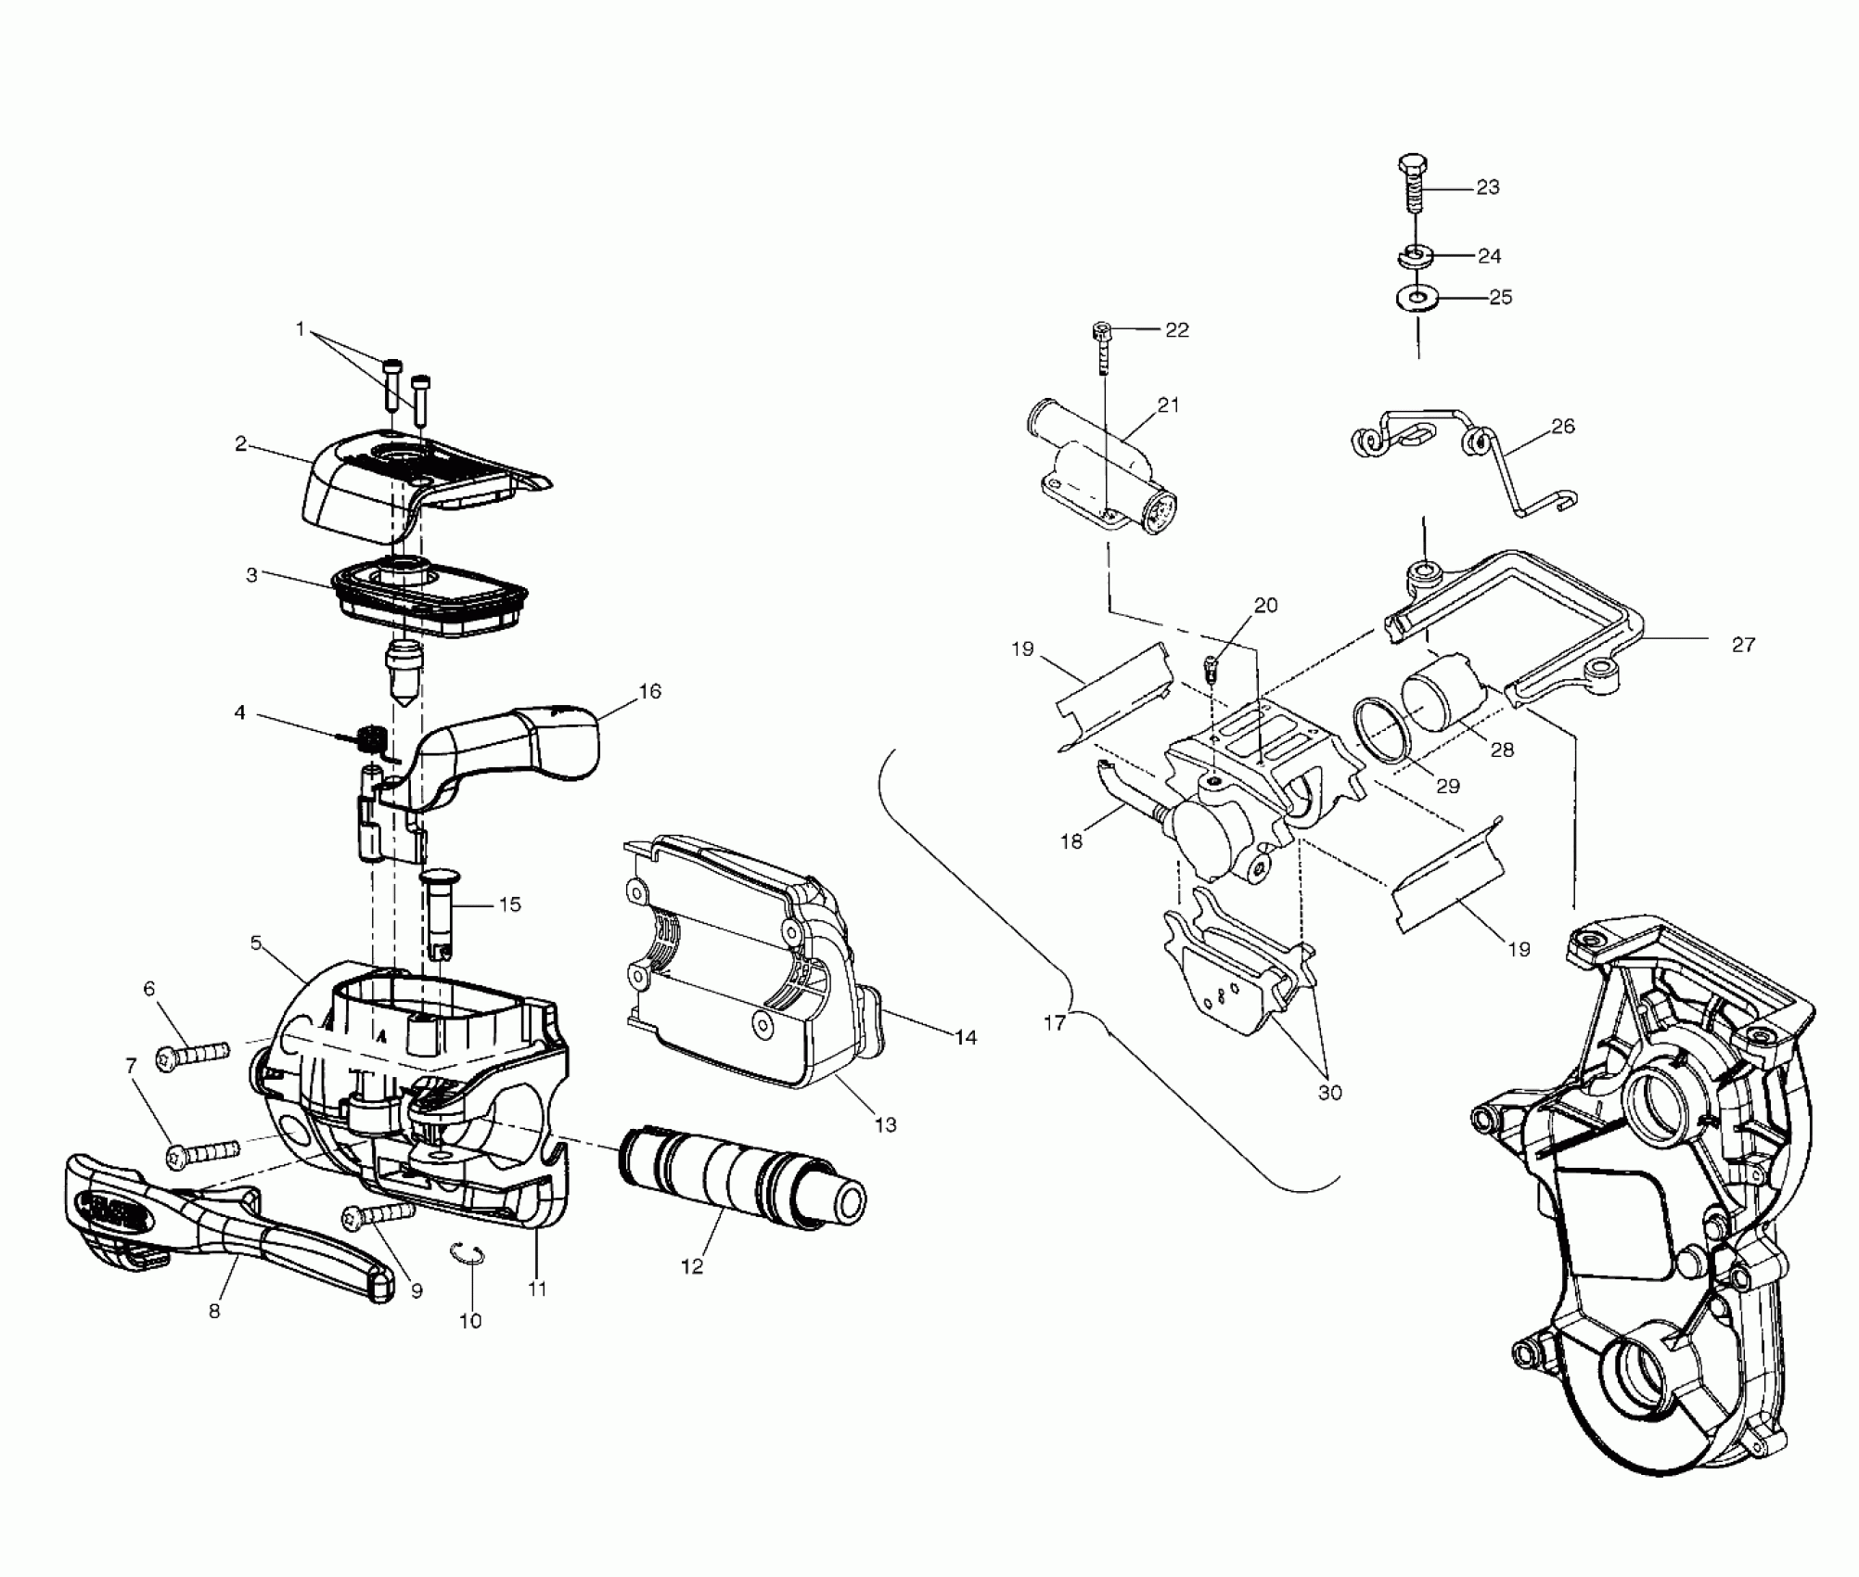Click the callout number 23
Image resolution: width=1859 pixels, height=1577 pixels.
click(x=1487, y=187)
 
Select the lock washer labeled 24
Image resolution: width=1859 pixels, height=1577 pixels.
click(x=1414, y=254)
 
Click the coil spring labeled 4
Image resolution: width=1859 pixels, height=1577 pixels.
click(x=371, y=739)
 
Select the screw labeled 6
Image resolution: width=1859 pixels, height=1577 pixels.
click(x=193, y=1055)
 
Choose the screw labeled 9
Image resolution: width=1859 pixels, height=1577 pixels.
click(x=378, y=1214)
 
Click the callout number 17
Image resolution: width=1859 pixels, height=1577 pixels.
click(x=1054, y=1022)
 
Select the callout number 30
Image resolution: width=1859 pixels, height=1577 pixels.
click(x=1329, y=1093)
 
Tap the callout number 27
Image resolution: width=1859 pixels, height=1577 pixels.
click(x=1743, y=644)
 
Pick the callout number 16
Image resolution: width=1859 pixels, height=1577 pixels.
click(x=649, y=691)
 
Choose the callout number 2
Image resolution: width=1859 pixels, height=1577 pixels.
click(x=240, y=443)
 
